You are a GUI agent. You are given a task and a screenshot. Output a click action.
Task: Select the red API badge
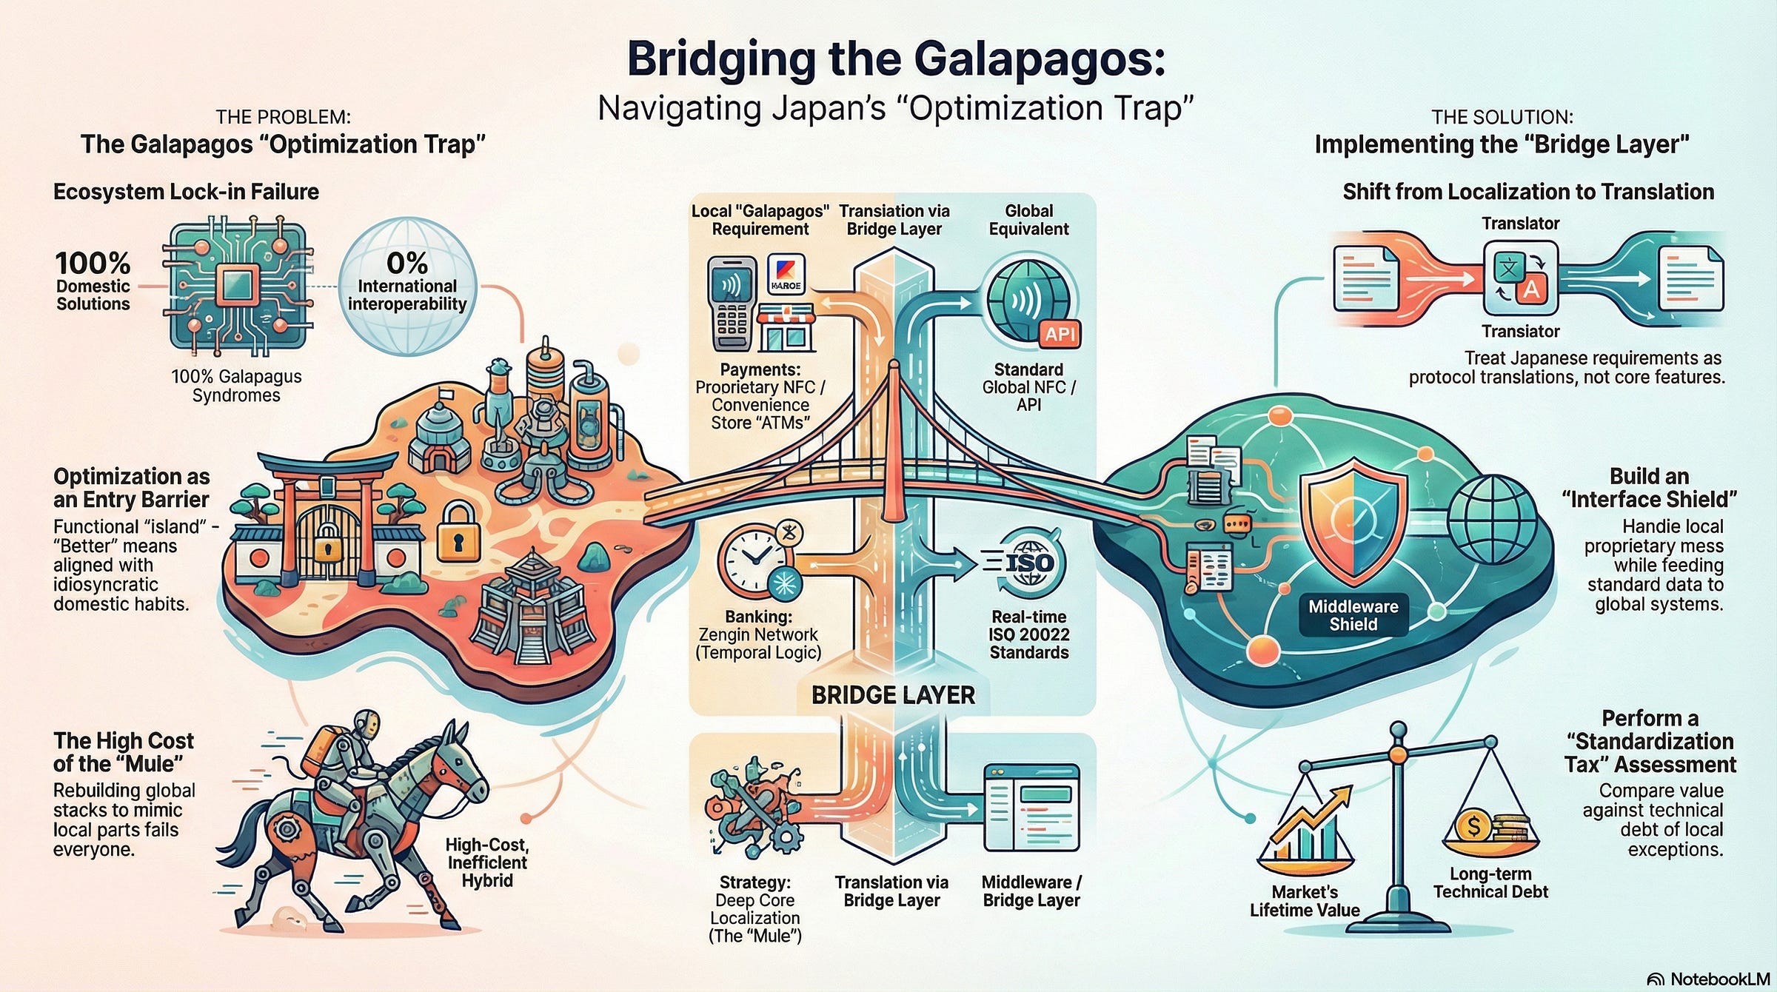click(x=1060, y=334)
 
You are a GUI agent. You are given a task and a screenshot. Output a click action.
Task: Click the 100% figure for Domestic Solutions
click(x=93, y=264)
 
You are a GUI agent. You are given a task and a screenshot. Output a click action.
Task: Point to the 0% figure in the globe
click(x=407, y=263)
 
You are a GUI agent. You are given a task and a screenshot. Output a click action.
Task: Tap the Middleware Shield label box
click(x=1353, y=615)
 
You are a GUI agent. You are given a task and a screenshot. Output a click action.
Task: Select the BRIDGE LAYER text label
click(x=893, y=695)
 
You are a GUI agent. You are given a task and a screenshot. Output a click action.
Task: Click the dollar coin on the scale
click(x=1473, y=825)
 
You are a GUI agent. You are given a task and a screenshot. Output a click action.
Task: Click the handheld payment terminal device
click(x=732, y=304)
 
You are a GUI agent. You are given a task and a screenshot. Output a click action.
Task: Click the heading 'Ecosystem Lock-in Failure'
click(x=186, y=192)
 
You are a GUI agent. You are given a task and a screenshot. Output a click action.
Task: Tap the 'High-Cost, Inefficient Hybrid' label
click(x=486, y=862)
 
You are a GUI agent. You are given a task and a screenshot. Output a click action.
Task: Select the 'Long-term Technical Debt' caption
click(x=1490, y=882)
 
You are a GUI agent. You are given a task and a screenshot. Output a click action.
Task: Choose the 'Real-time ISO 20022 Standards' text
click(x=1028, y=634)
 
